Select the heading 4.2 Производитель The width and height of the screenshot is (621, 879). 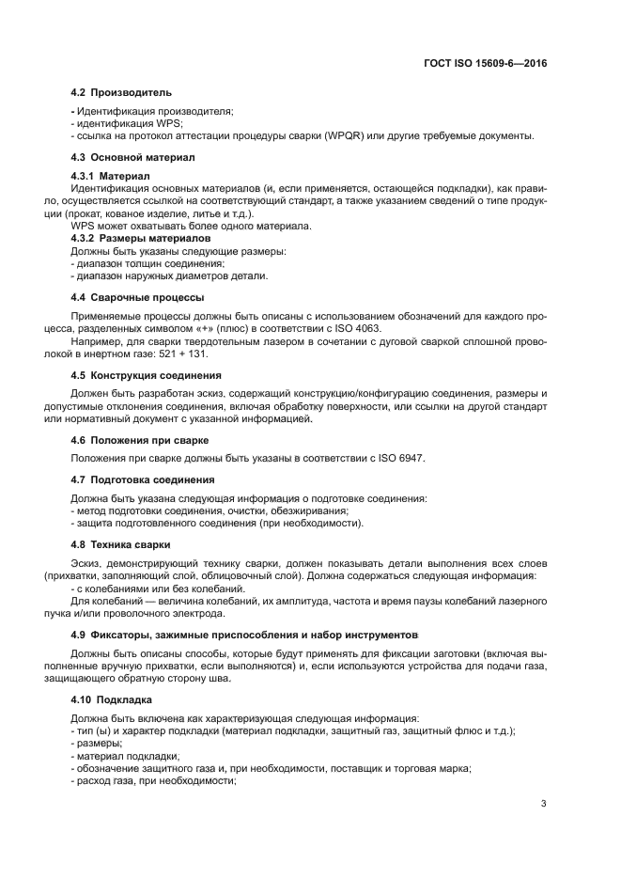coord(121,93)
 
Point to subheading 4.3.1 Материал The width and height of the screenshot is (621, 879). coord(111,176)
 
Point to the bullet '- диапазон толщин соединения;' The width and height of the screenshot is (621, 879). coord(142,263)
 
